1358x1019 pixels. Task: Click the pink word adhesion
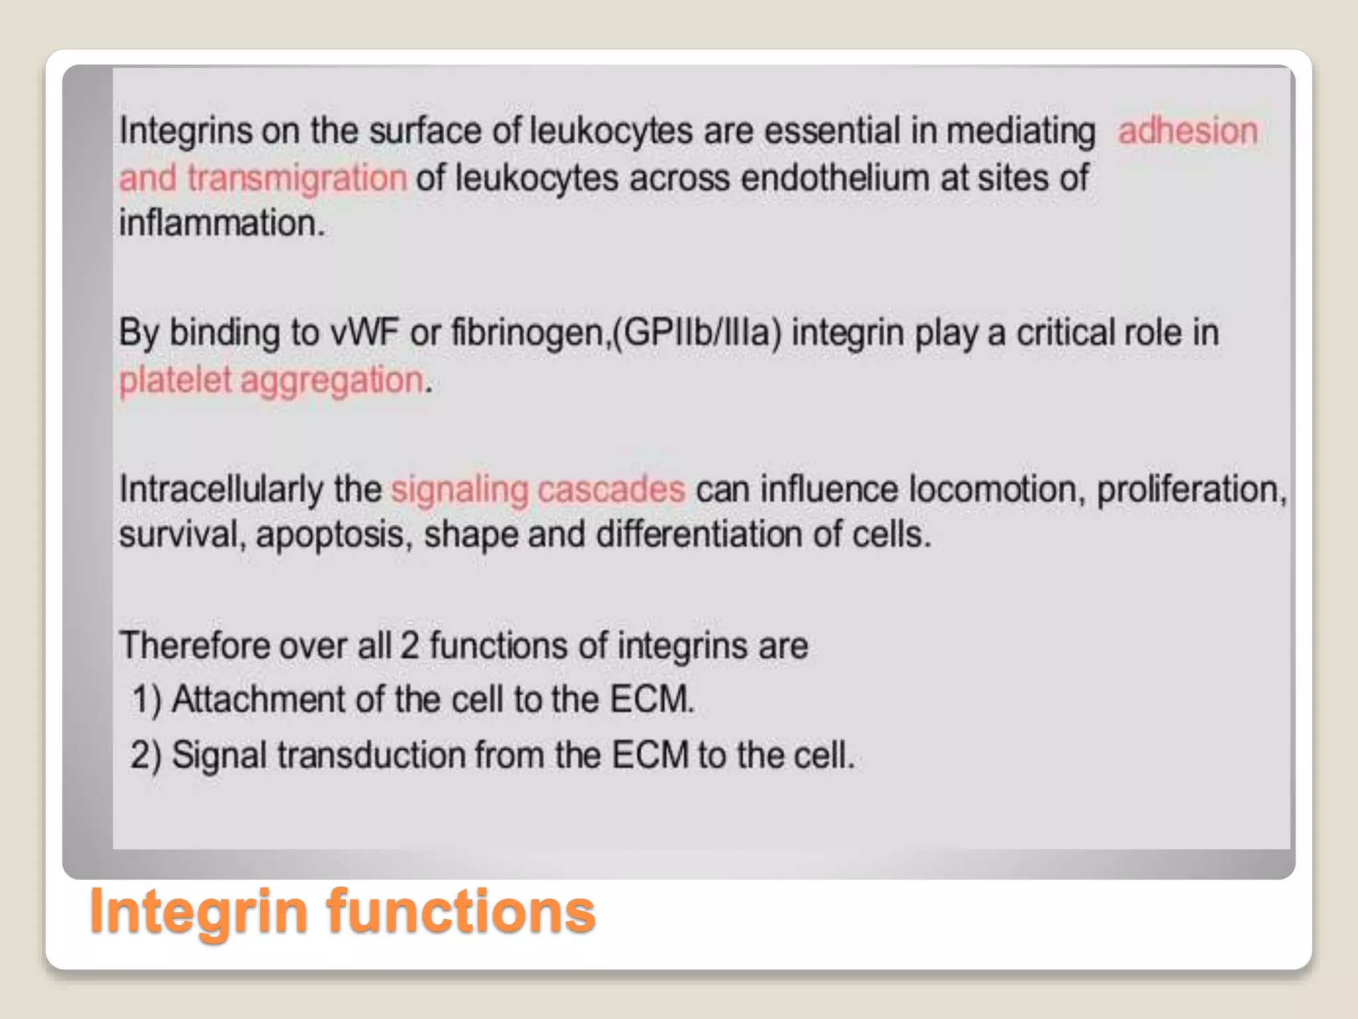point(1188,131)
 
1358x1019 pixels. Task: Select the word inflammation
point(221,223)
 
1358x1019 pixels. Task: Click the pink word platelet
point(174,381)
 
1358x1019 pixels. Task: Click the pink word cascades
point(611,490)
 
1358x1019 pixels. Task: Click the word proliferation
point(1191,490)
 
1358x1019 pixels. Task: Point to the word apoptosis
point(330,535)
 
